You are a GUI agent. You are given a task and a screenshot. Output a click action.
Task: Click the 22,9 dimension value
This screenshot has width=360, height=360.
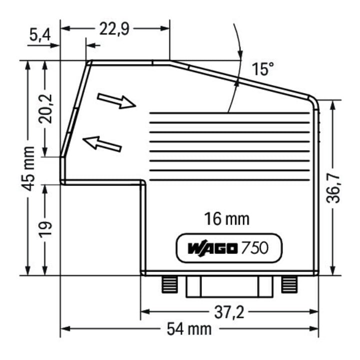pyautogui.click(x=114, y=29)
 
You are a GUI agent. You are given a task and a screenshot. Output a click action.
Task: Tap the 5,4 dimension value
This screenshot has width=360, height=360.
pyautogui.click(x=40, y=35)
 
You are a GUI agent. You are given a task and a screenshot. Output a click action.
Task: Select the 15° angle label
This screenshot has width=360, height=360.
pyautogui.click(x=263, y=69)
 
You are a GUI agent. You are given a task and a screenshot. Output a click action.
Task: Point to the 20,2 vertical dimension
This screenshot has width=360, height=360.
pyautogui.click(x=45, y=109)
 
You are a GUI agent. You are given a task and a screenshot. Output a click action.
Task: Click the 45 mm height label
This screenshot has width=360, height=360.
pyautogui.click(x=28, y=169)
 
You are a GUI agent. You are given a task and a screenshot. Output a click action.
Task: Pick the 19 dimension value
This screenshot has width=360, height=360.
pyautogui.click(x=45, y=229)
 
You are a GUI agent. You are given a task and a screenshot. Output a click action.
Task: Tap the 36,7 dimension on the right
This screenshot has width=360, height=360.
pyautogui.click(x=332, y=188)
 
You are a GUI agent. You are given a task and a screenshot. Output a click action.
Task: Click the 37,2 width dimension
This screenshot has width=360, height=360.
pyautogui.click(x=229, y=312)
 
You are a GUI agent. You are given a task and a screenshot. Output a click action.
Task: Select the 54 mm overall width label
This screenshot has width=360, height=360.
pyautogui.click(x=189, y=329)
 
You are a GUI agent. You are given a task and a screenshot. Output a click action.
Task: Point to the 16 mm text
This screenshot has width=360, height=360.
pyautogui.click(x=226, y=219)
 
